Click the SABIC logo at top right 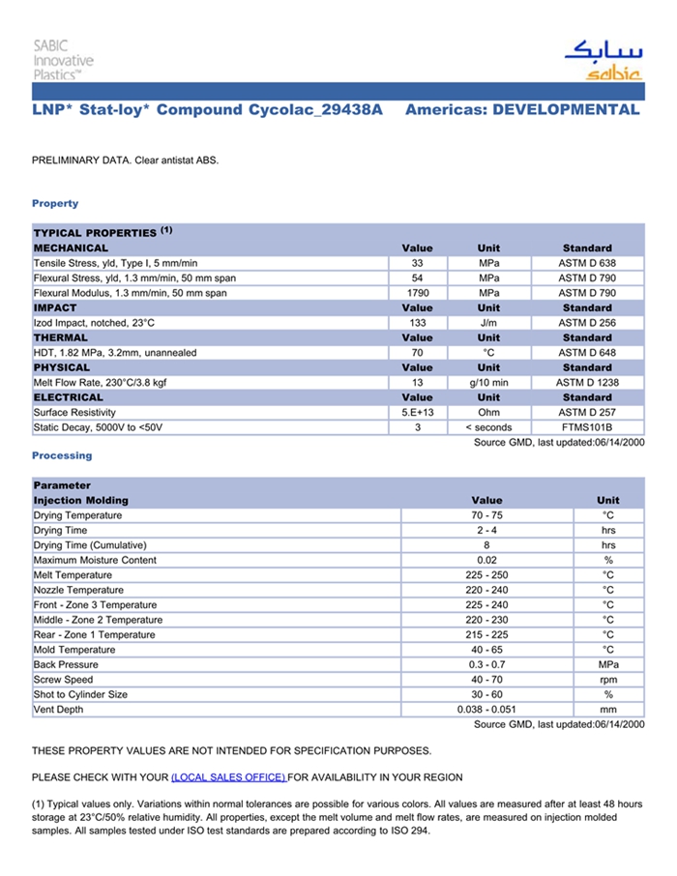(x=603, y=60)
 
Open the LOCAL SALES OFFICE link (x=228, y=777)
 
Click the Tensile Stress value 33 (x=417, y=263)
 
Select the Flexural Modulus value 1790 (x=417, y=293)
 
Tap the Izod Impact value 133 (x=417, y=323)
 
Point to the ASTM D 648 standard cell (x=587, y=353)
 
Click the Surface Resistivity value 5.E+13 (x=417, y=413)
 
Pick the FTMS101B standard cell (x=587, y=427)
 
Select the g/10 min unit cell (x=488, y=383)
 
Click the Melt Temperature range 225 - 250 (x=486, y=575)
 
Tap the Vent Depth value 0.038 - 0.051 (x=486, y=710)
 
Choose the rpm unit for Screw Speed (x=607, y=680)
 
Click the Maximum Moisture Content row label (x=95, y=560)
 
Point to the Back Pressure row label (x=65, y=665)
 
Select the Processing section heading (x=62, y=455)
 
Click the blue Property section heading (x=55, y=204)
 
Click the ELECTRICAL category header (x=69, y=397)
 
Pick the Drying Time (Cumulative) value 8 (x=486, y=545)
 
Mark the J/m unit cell (x=488, y=323)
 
